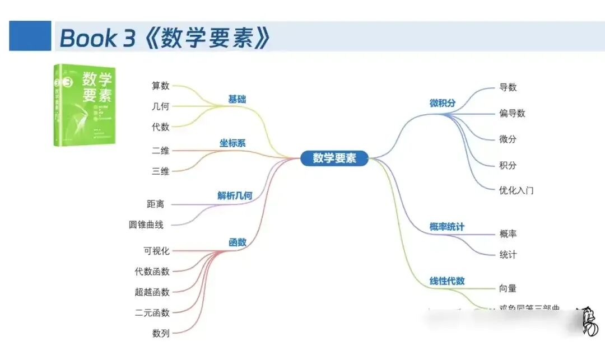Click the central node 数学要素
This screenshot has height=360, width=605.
[334, 158]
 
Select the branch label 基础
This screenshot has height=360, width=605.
[237, 99]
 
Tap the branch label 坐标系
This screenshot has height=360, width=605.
[232, 143]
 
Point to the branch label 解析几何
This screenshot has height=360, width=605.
[235, 195]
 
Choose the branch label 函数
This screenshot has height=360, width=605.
[237, 242]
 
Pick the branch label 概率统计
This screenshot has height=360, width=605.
[446, 227]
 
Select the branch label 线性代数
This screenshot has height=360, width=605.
[447, 280]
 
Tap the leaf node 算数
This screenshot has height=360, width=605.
[160, 86]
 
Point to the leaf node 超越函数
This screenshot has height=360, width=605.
[152, 292]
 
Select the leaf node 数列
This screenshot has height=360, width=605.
[160, 333]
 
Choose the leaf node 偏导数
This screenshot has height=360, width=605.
[512, 113]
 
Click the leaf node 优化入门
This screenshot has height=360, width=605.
[516, 190]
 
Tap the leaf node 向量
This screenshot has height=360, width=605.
[508, 288]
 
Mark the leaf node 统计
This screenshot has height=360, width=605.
[508, 254]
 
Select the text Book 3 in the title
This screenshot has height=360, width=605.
[96, 38]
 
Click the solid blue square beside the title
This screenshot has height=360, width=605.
[30, 36]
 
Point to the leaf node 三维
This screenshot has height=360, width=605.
[160, 171]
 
